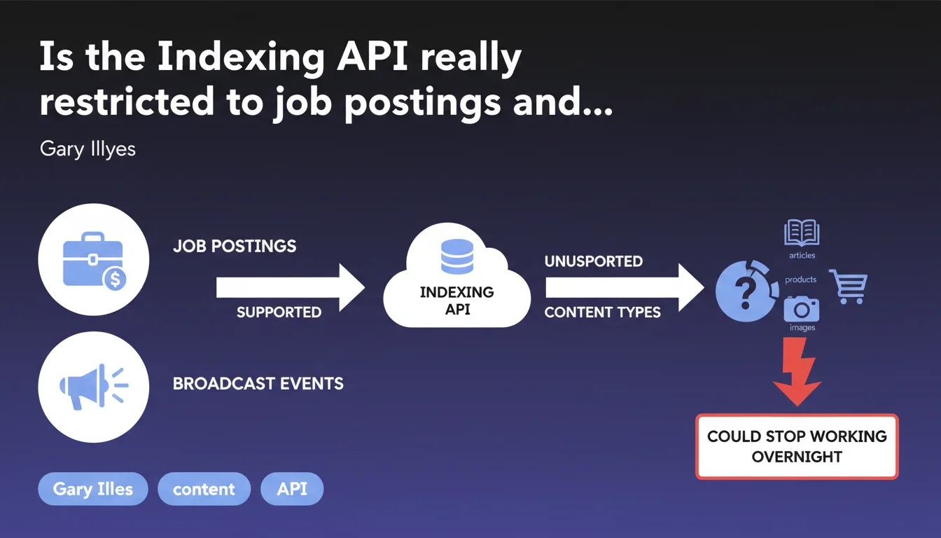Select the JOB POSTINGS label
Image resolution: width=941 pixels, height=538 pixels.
tap(235, 247)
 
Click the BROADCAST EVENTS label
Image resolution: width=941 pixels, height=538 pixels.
tap(258, 384)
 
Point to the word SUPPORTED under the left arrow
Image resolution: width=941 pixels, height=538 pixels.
tap(279, 312)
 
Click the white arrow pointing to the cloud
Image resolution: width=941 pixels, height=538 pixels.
tap(290, 287)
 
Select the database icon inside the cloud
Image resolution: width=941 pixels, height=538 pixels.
tap(457, 256)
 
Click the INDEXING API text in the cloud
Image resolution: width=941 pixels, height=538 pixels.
tap(457, 301)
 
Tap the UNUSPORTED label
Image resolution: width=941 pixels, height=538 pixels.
tap(594, 261)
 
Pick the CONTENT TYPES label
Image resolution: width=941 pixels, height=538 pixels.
tap(603, 312)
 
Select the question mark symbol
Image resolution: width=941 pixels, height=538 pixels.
tap(745, 289)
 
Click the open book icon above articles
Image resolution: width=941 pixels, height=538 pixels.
tap(801, 233)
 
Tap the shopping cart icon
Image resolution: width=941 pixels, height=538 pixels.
tap(849, 286)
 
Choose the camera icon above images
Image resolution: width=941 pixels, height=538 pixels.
tap(801, 308)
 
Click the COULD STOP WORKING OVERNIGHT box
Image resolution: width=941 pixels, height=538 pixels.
tap(797, 446)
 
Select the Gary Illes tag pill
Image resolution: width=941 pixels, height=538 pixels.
tap(93, 489)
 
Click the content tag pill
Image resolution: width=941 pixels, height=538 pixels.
tap(204, 489)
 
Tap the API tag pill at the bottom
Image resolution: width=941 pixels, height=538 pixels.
tap(292, 489)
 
